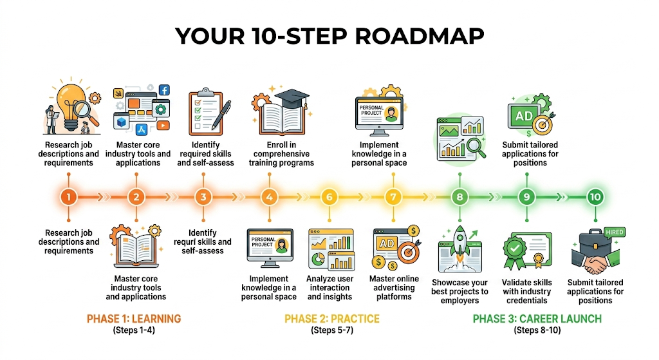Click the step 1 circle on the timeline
pyautogui.click(x=70, y=197)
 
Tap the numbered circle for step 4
pyautogui.click(x=268, y=197)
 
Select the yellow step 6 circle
pyautogui.click(x=329, y=197)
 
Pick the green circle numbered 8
pyautogui.click(x=459, y=197)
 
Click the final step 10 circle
pyautogui.click(x=595, y=197)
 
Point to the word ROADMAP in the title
pyautogui.click(x=416, y=36)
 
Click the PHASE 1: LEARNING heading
pyautogui.click(x=134, y=319)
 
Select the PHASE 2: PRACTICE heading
pyautogui.click(x=332, y=319)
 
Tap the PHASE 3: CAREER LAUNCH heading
pyautogui.click(x=537, y=319)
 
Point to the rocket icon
pyautogui.click(x=459, y=242)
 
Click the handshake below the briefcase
pyautogui.click(x=595, y=265)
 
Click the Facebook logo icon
pyautogui.click(x=164, y=90)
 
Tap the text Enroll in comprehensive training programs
pyautogui.click(x=281, y=154)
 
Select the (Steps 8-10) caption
pyautogui.click(x=537, y=330)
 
